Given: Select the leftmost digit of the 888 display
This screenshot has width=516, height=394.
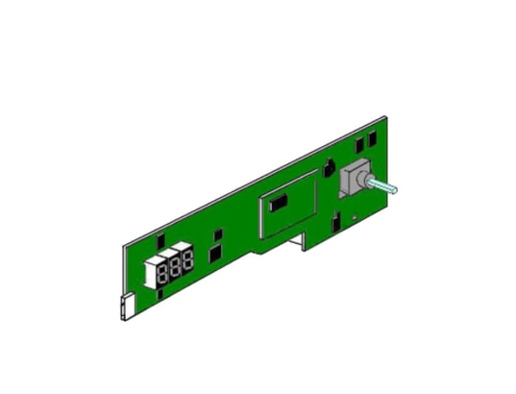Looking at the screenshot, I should coord(163,271).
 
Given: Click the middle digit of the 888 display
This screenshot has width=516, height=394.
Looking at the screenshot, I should coord(175,264).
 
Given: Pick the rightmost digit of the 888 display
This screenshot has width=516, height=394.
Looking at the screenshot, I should coord(187,259).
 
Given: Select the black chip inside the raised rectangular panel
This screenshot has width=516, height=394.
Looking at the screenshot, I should coord(280,203).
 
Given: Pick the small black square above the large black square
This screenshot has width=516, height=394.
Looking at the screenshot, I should coord(218,234).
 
